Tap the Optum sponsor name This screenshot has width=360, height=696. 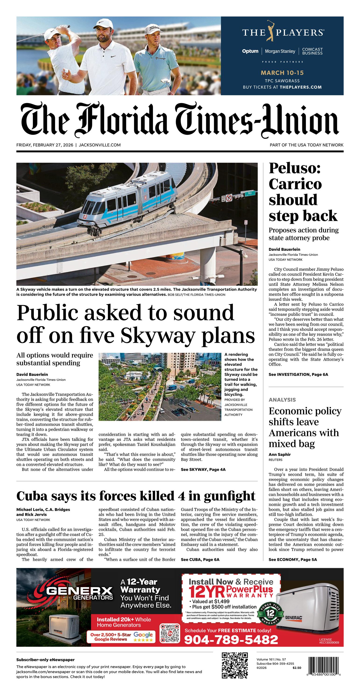point(250,51)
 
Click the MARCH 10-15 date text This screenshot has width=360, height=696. point(282,73)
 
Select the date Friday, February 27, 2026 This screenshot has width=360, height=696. point(45,145)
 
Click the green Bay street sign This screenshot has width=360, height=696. point(250,193)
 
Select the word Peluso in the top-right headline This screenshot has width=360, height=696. point(295,168)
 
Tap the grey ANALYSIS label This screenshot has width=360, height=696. point(282,400)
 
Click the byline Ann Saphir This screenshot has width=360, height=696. point(279,454)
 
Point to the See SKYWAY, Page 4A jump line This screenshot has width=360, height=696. point(203,470)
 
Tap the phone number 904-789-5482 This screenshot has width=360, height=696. point(231,639)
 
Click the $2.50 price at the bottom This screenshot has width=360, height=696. point(296,668)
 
